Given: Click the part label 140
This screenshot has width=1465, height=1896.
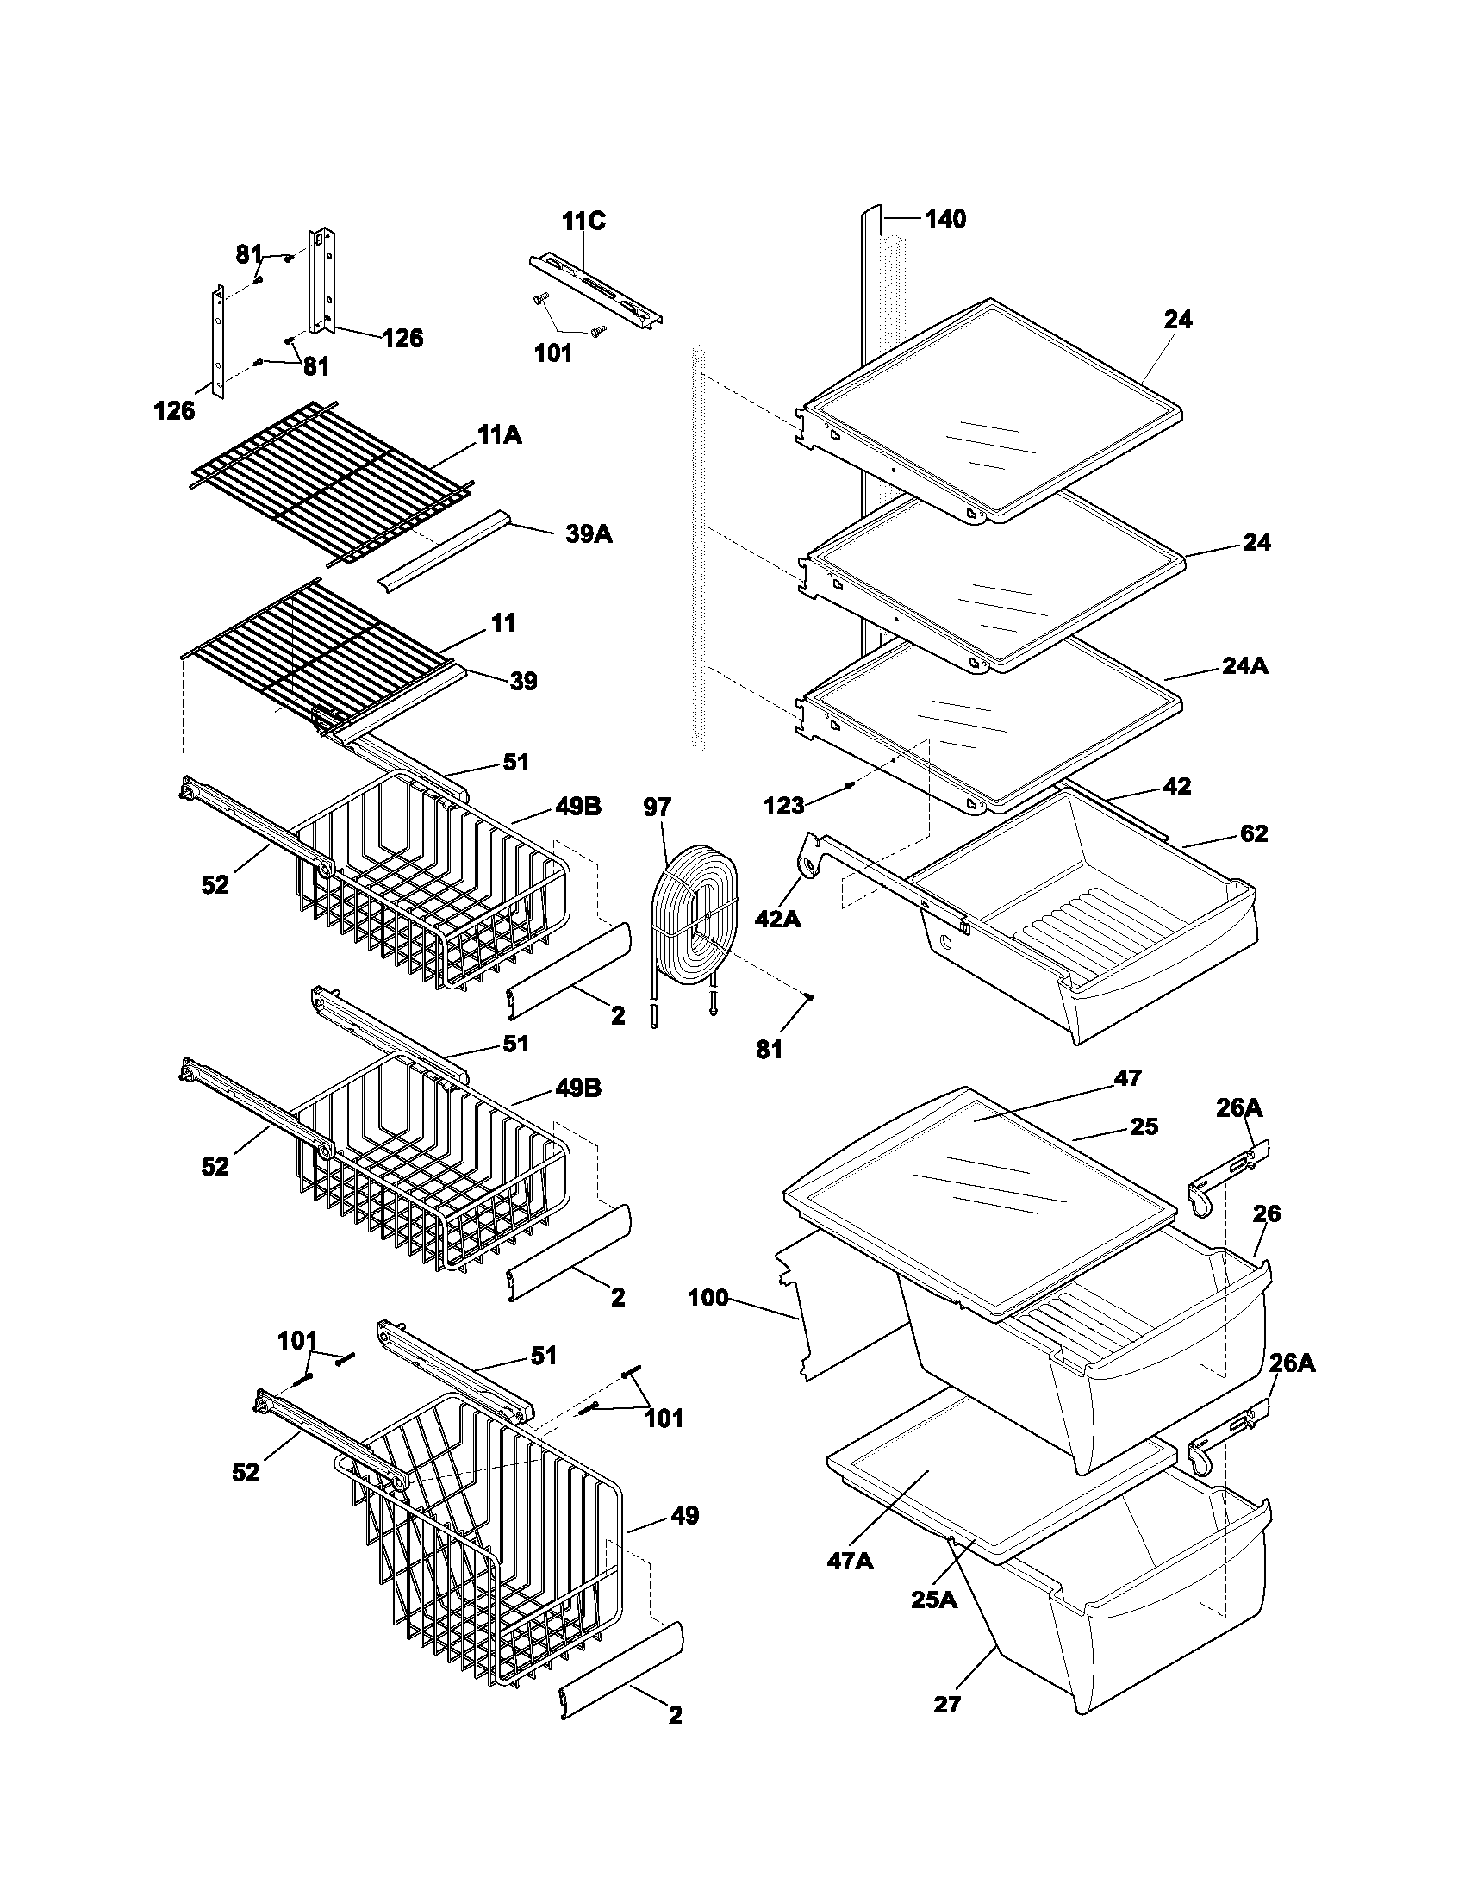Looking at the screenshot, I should pyautogui.click(x=944, y=219).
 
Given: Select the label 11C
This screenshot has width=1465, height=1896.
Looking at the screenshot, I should pyautogui.click(x=583, y=221).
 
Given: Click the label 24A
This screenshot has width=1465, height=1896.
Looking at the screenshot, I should pyautogui.click(x=1244, y=666).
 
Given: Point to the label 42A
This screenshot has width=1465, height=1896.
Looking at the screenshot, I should pyautogui.click(x=777, y=919).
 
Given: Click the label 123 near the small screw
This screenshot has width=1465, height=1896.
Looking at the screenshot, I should pyautogui.click(x=783, y=806).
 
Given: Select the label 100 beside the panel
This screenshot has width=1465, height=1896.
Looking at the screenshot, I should pyautogui.click(x=708, y=1299).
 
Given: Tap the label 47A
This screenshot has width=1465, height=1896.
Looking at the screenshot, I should pyautogui.click(x=850, y=1561).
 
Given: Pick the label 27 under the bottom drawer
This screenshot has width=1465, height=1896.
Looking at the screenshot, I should pyautogui.click(x=947, y=1704).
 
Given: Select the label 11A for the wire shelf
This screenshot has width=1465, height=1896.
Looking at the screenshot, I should pyautogui.click(x=498, y=436).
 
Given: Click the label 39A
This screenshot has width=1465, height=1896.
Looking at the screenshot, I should pyautogui.click(x=589, y=534).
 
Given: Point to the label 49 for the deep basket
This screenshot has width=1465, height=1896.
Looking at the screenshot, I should pyautogui.click(x=684, y=1516).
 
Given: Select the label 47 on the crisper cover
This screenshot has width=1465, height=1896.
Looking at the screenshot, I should pyautogui.click(x=1127, y=1078).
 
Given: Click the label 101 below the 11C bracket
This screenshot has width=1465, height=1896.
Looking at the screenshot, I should pyautogui.click(x=553, y=353).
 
